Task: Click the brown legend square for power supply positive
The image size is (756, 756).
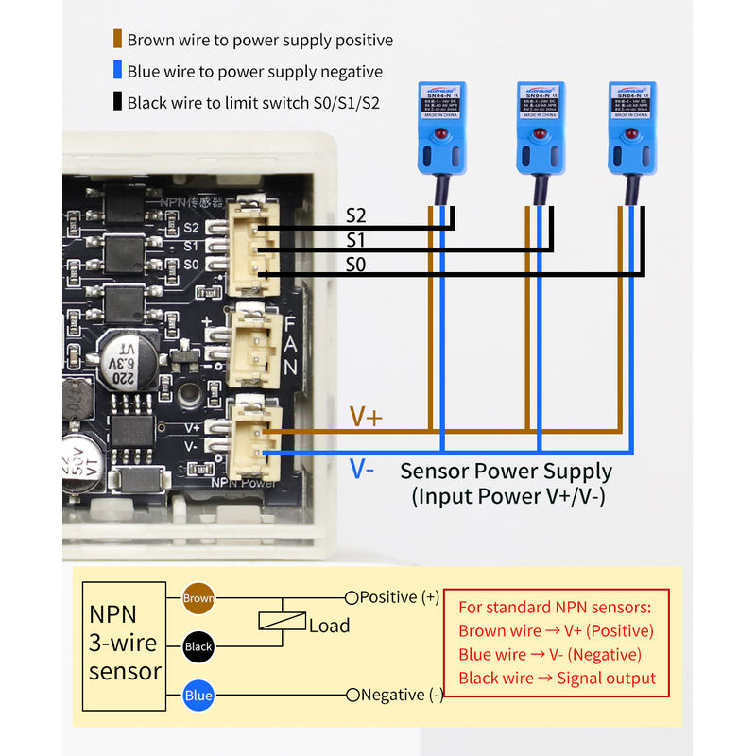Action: (117, 40)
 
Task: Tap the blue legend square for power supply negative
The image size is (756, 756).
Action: (117, 71)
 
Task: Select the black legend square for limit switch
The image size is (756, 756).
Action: (117, 102)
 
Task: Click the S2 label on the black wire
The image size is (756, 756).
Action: (355, 216)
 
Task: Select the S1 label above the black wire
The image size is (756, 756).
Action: (355, 240)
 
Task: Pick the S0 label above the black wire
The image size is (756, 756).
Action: (355, 265)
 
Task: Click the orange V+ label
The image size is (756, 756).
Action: (366, 417)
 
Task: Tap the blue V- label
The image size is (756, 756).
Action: (363, 468)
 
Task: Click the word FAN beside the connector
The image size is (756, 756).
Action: (290, 344)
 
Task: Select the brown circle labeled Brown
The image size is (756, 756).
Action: (198, 597)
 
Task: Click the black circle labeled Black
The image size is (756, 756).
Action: (198, 647)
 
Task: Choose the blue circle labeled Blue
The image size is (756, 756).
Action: (198, 696)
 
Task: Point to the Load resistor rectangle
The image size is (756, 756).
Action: (282, 622)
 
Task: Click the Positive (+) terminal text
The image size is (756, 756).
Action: (399, 597)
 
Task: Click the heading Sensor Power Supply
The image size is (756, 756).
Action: (507, 471)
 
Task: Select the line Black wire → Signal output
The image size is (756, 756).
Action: (557, 678)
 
